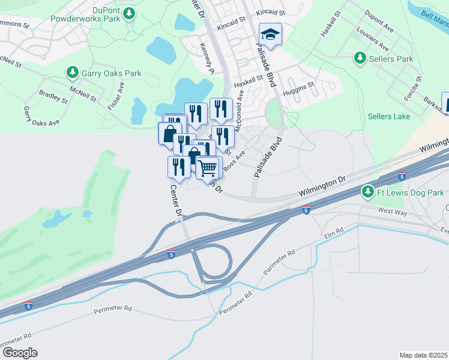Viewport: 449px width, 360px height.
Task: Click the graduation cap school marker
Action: (270, 35)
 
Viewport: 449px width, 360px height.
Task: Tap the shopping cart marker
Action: (207, 167)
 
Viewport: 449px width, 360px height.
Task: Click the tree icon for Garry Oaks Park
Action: (72, 73)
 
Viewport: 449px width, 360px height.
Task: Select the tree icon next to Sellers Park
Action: (360, 59)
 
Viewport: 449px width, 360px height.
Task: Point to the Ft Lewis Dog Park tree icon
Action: (367, 192)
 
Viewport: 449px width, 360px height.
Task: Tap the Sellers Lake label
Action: (388, 116)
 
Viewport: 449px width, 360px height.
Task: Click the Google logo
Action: (19, 352)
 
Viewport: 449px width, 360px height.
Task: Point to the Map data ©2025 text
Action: (423, 355)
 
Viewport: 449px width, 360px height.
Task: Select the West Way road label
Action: (393, 211)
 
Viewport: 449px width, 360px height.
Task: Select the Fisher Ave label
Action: (120, 94)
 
